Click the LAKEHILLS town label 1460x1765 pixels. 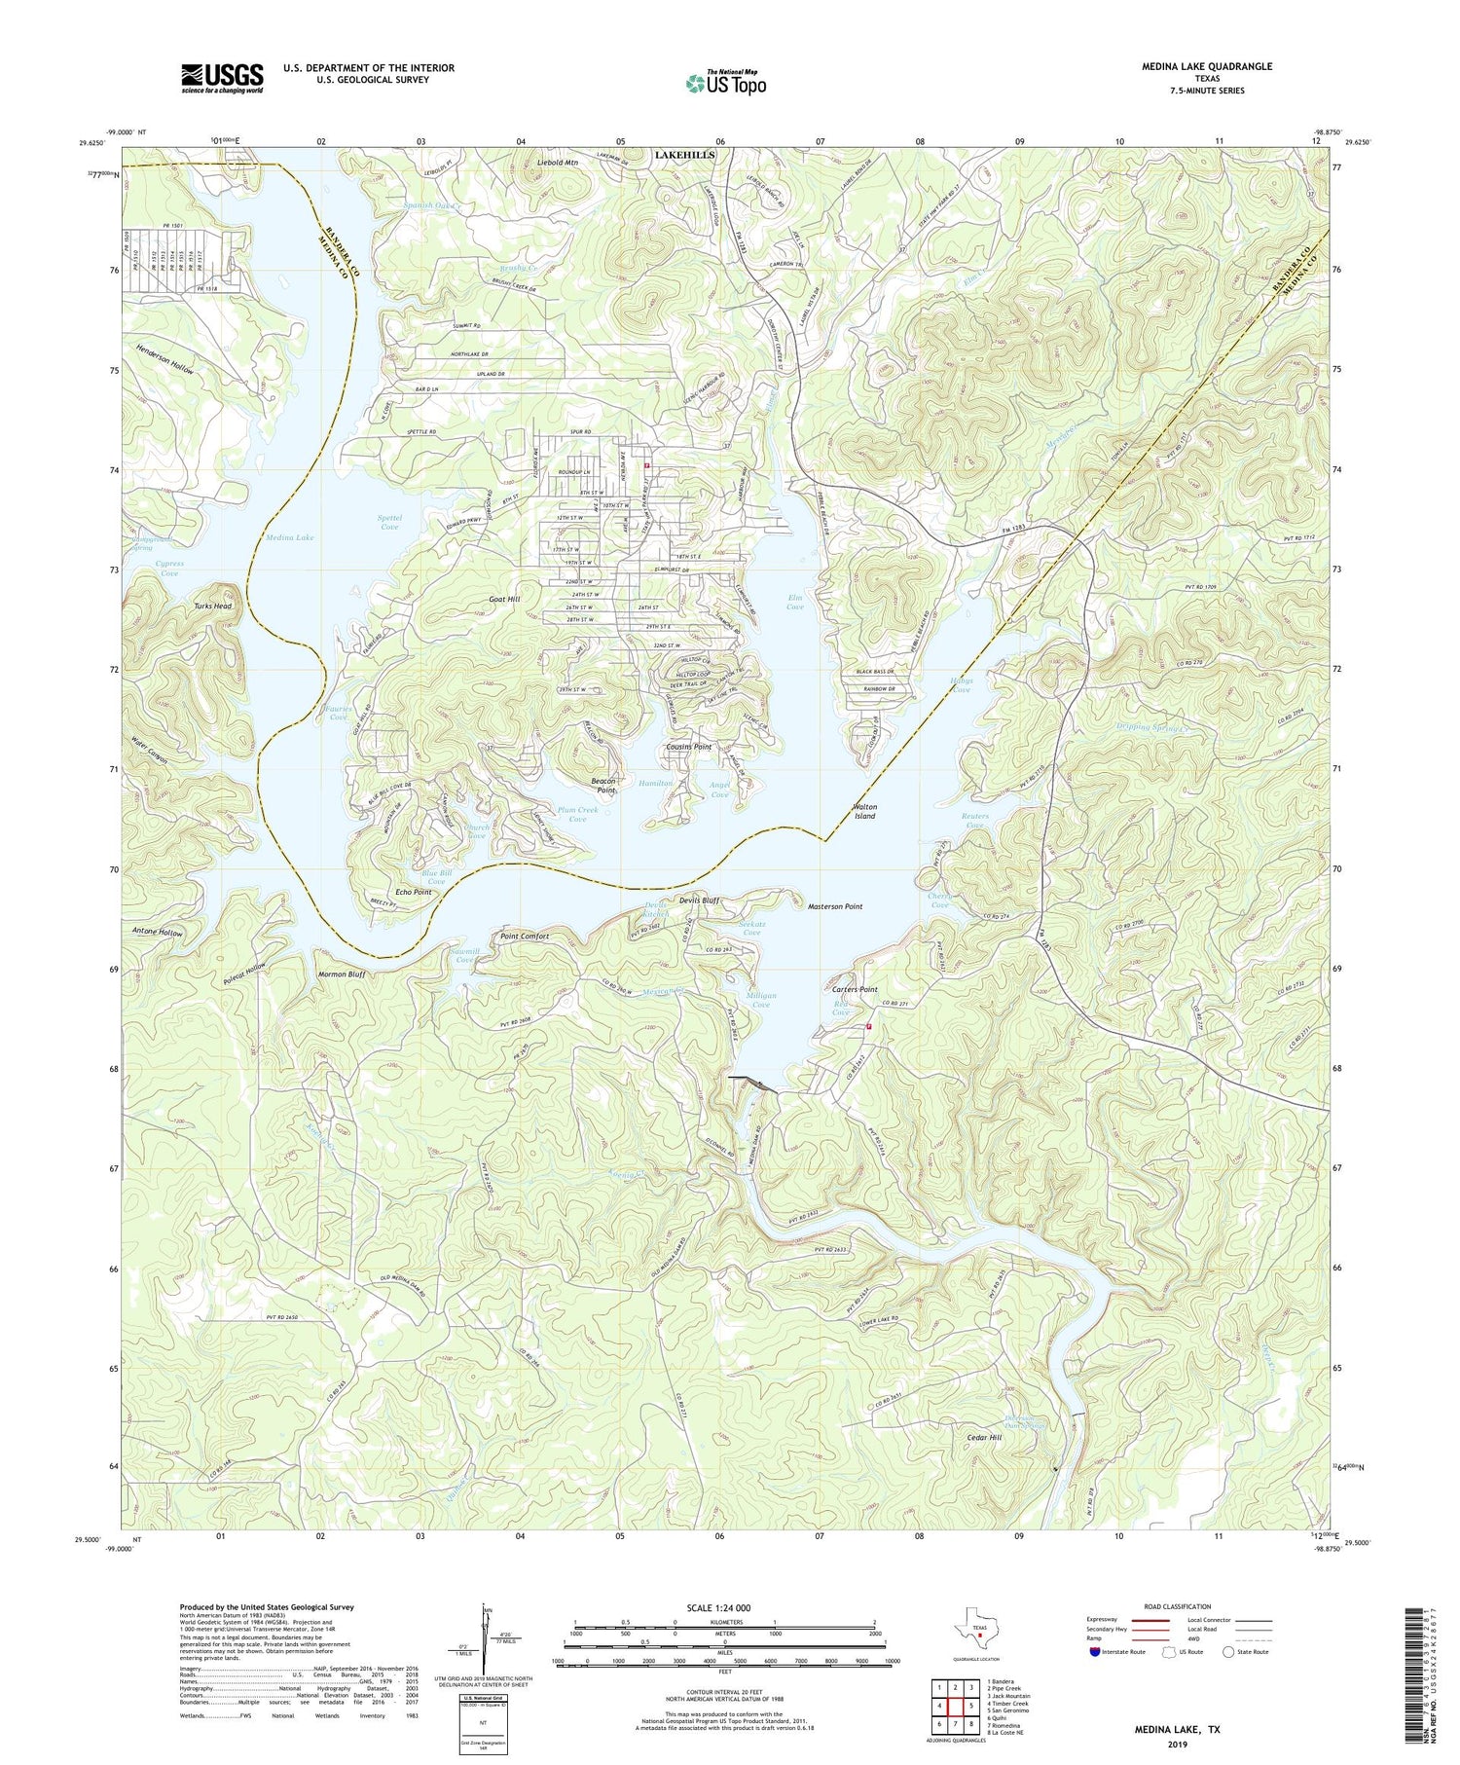pyautogui.click(x=685, y=155)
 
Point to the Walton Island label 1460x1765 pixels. pyautogui.click(x=864, y=811)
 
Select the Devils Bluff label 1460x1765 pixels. pyautogui.click(x=698, y=901)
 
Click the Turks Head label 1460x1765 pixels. pyautogui.click(x=213, y=607)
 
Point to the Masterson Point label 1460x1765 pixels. pyautogui.click(x=835, y=906)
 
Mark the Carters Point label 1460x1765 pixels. pyautogui.click(x=855, y=989)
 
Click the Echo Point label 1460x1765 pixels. pyautogui.click(x=413, y=891)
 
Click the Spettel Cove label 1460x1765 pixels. pyautogui.click(x=388, y=522)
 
